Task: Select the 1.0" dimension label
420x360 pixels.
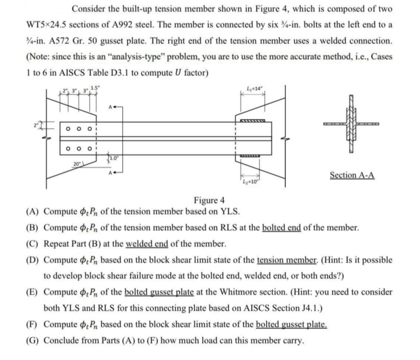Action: point(113,159)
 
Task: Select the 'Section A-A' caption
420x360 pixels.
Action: point(352,175)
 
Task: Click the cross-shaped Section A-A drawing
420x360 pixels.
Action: point(353,125)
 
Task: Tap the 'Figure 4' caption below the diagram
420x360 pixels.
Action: point(209,200)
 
